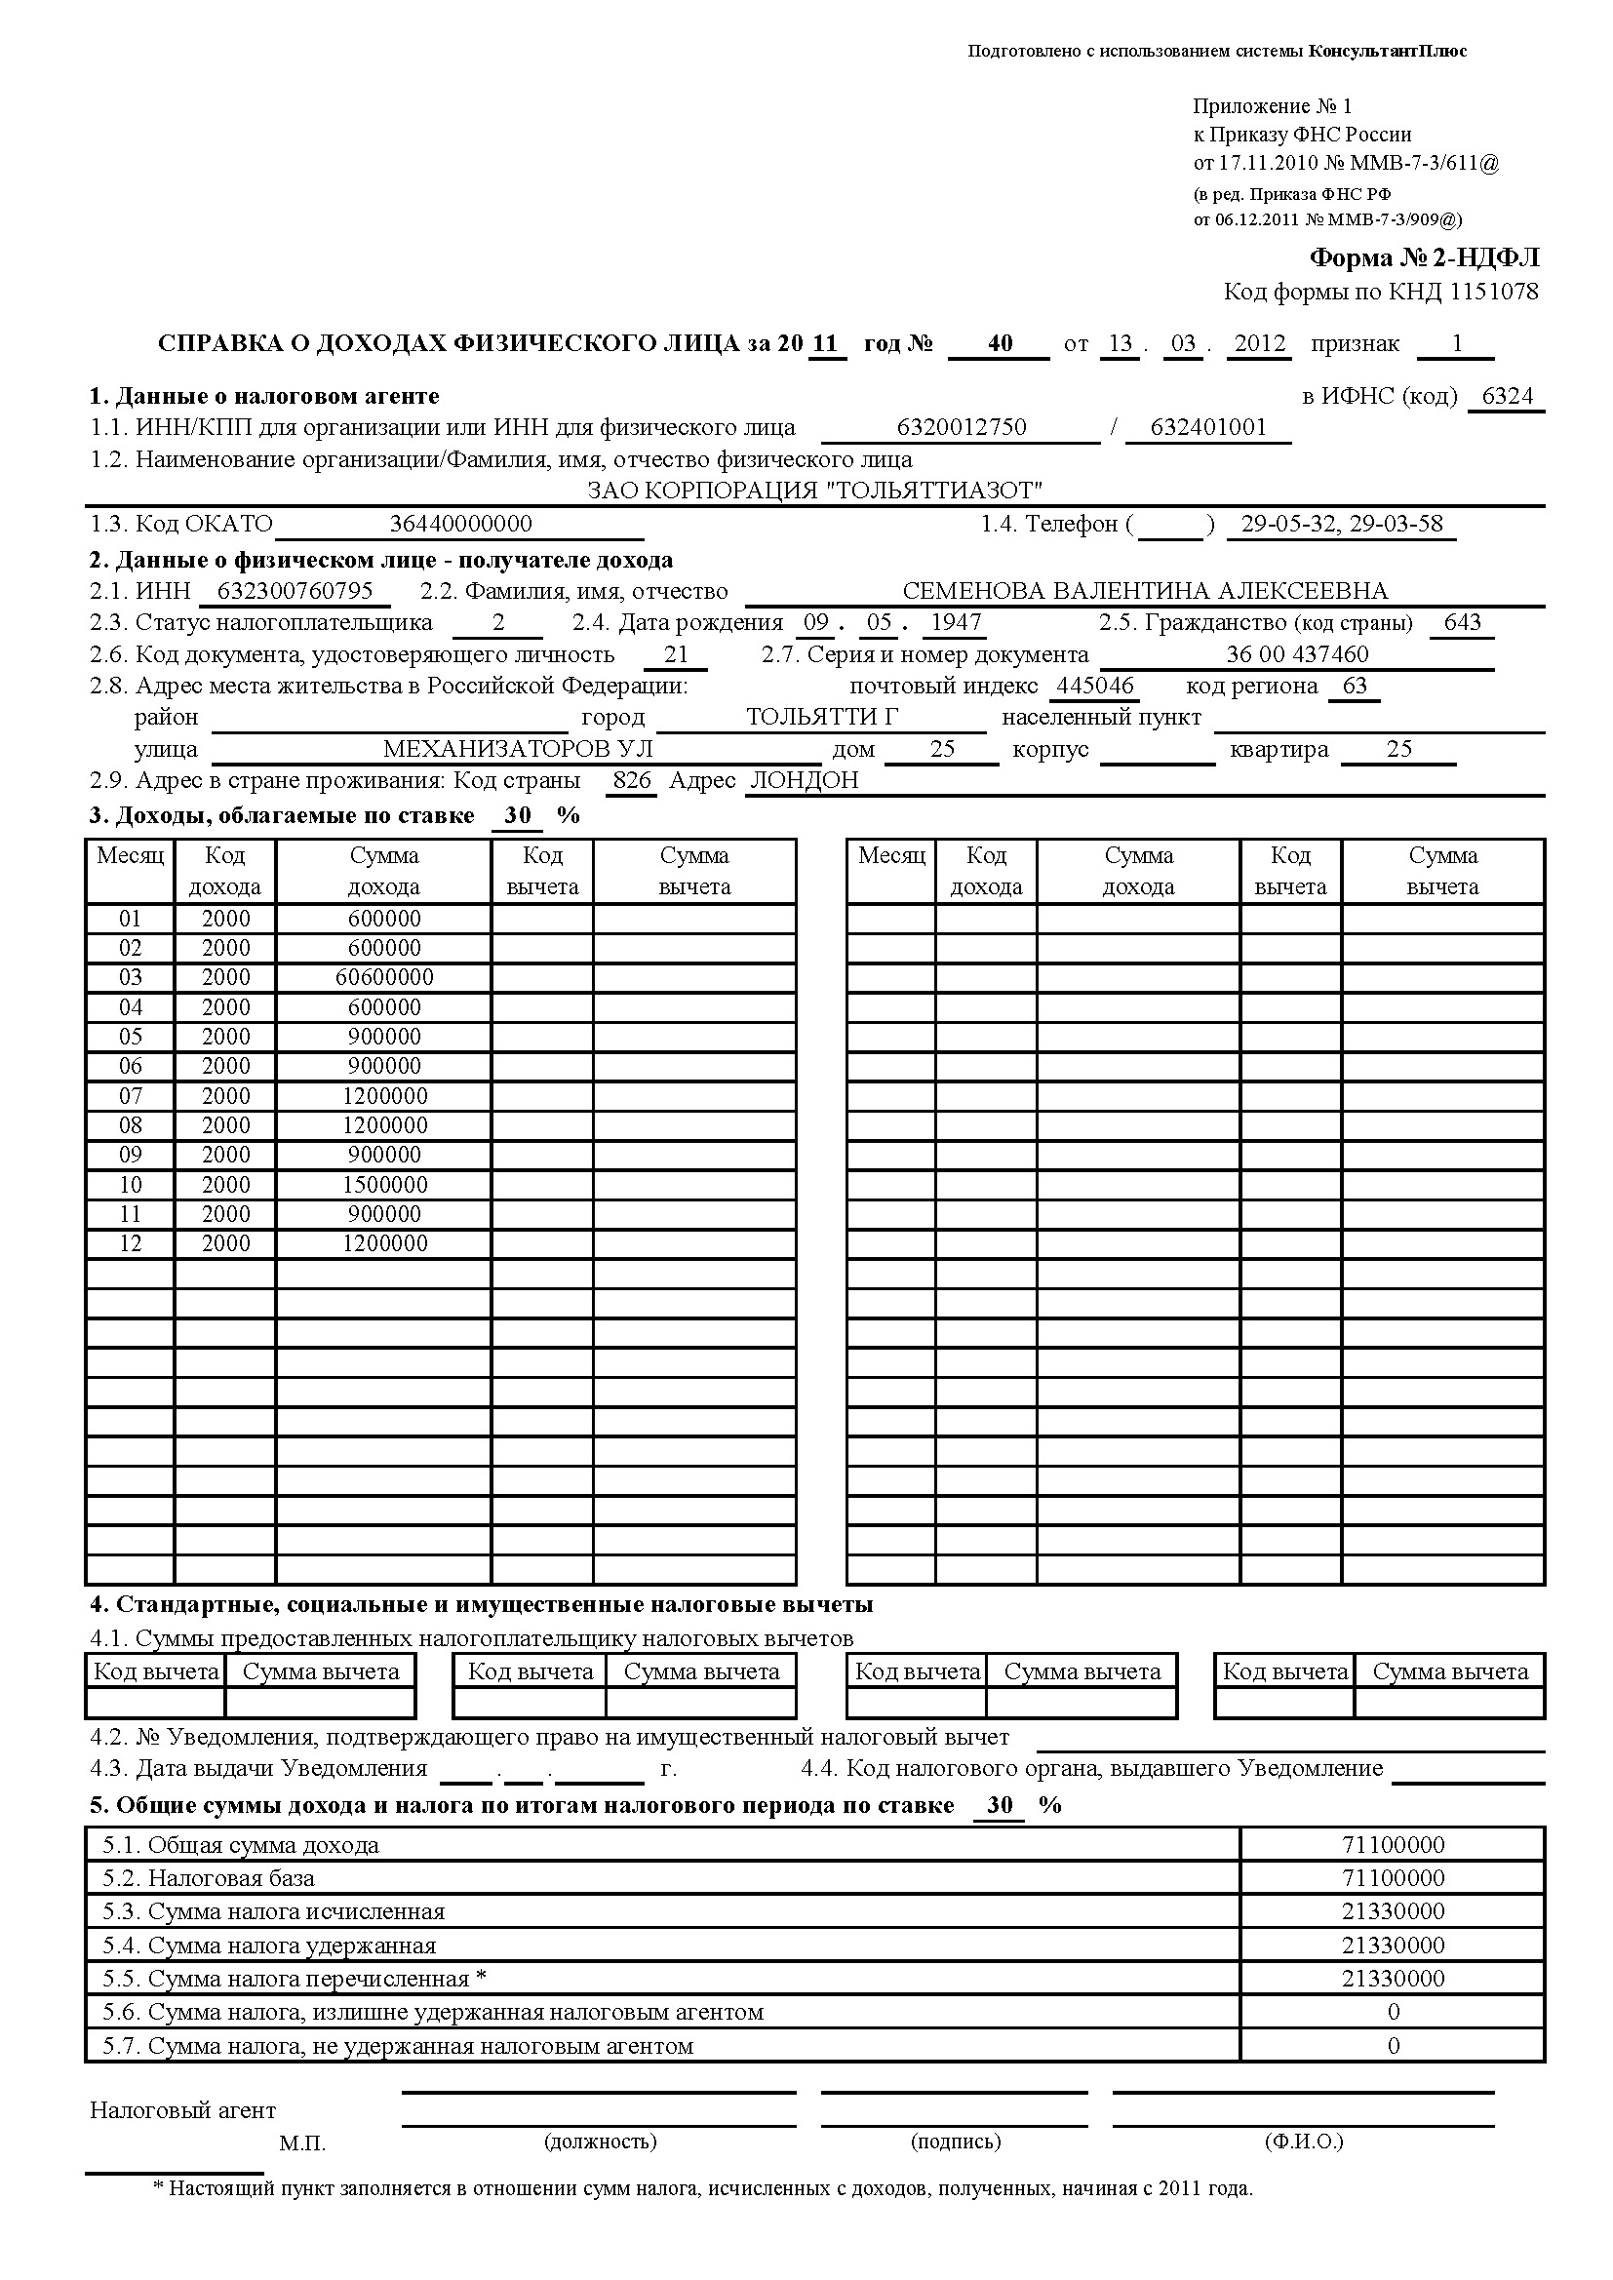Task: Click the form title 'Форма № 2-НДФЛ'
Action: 1423,258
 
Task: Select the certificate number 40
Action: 1000,343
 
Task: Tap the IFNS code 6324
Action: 1507,396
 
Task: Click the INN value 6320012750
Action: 961,428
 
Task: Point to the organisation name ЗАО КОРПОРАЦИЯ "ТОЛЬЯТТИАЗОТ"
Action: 814,491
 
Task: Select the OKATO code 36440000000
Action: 460,524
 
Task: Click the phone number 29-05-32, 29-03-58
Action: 1341,524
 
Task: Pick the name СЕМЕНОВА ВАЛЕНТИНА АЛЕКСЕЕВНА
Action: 1144,592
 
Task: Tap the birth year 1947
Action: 957,622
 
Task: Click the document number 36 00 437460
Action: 1296,654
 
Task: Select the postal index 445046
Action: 1094,687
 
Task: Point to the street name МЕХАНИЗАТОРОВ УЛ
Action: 518,750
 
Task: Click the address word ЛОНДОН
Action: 804,780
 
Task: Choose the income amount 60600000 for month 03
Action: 384,977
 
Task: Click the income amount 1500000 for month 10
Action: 384,1185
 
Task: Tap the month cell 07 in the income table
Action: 130,1096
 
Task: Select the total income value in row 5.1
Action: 1393,1845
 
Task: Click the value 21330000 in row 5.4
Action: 1393,1946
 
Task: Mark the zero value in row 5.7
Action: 1393,2046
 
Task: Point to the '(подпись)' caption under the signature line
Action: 956,2141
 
